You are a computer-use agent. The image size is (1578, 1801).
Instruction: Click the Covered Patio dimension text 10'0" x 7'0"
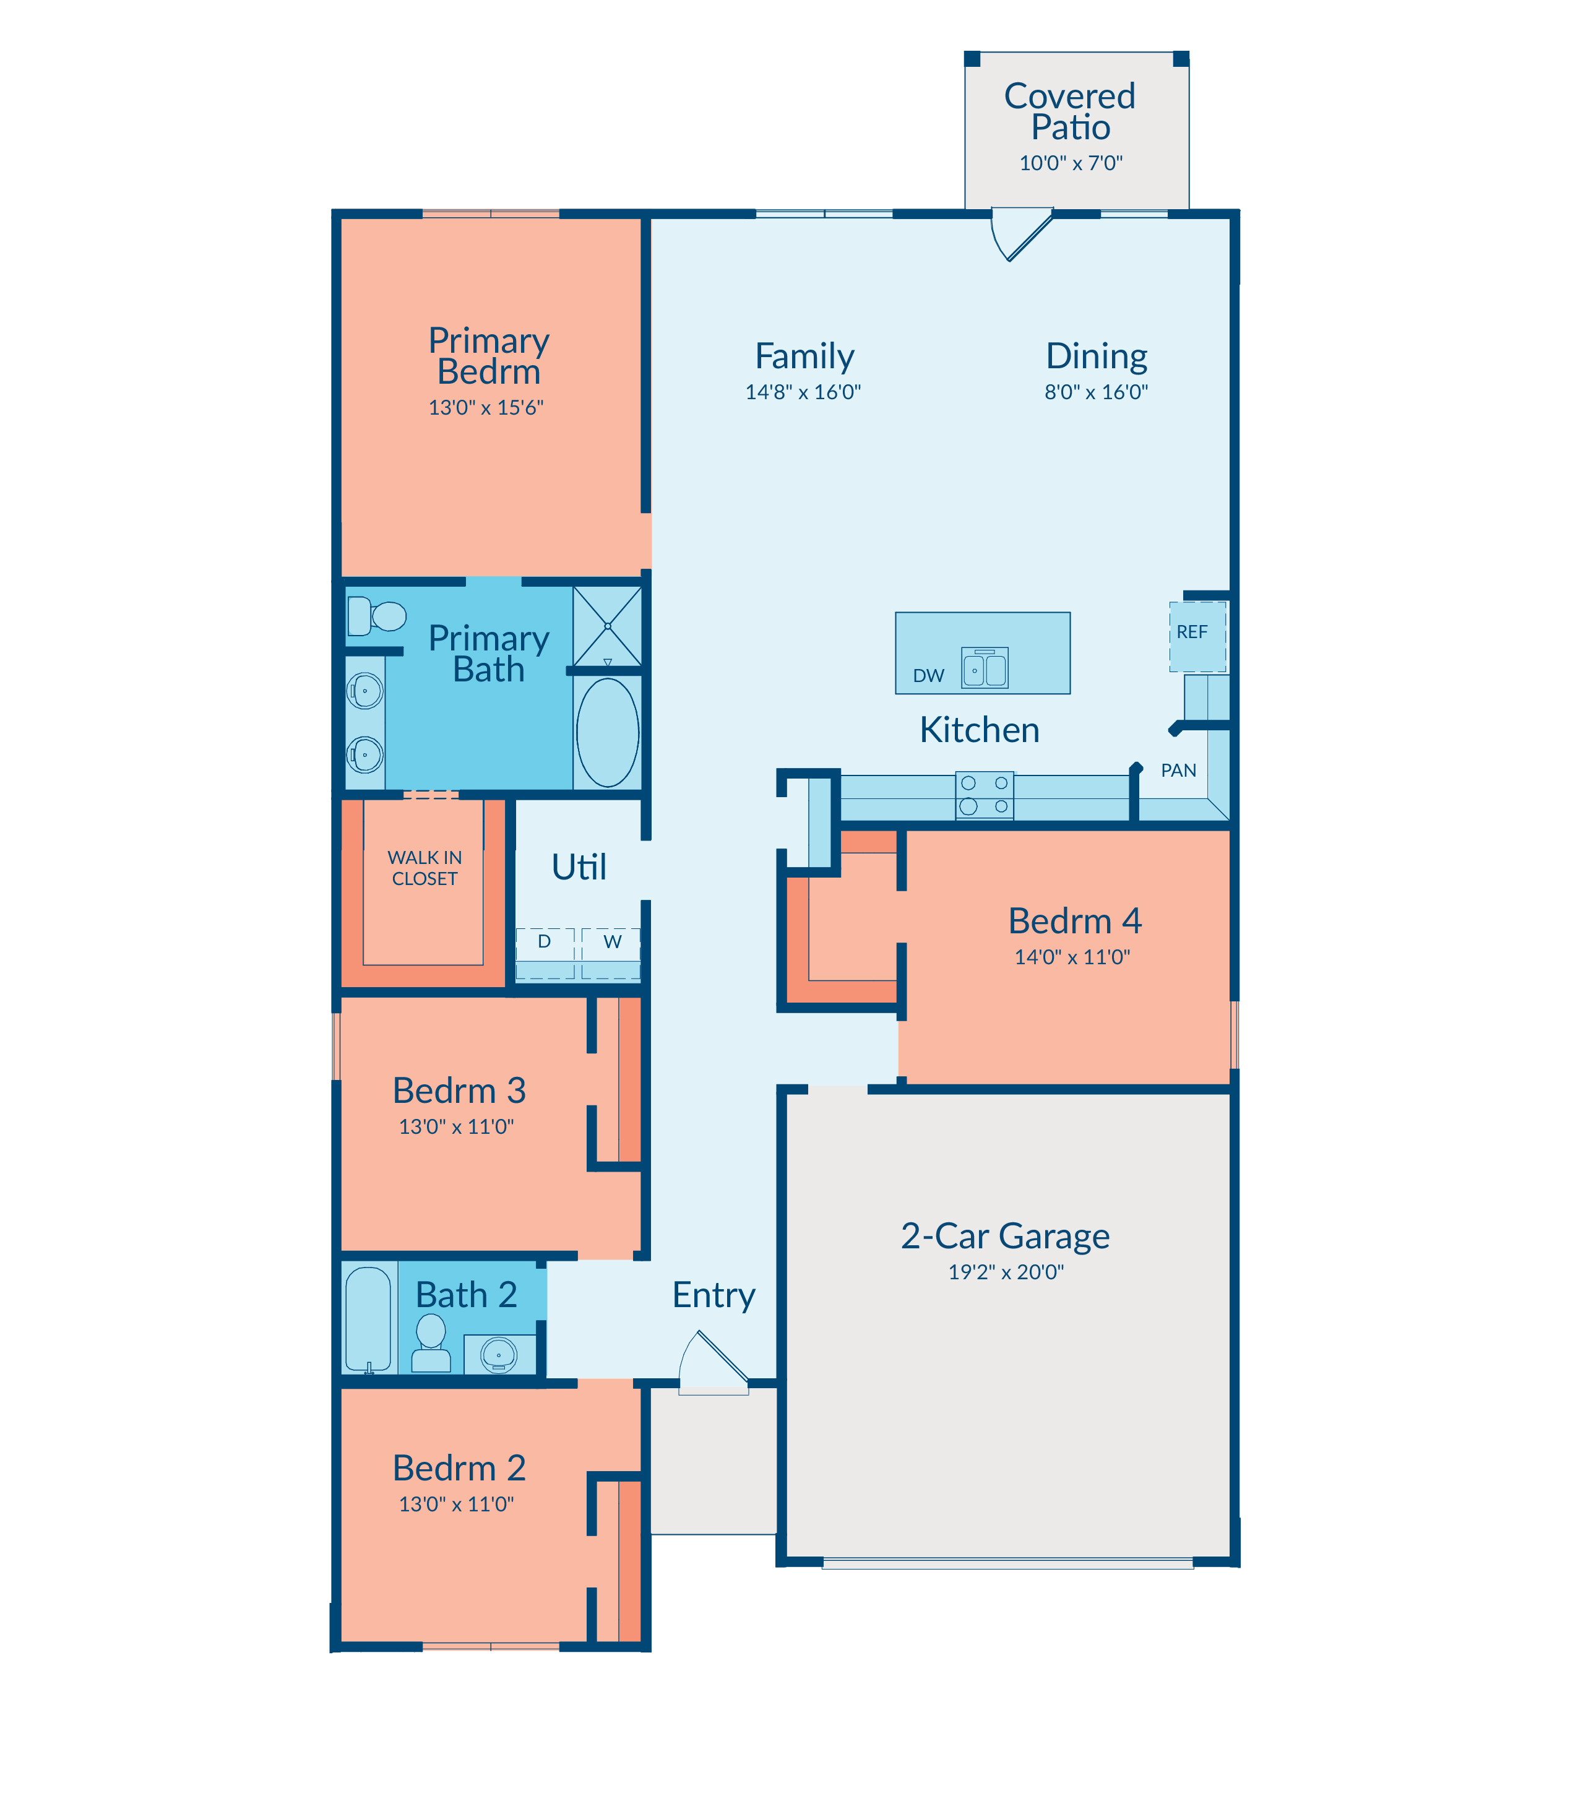[1071, 163]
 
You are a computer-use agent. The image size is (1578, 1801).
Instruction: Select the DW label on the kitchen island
[928, 675]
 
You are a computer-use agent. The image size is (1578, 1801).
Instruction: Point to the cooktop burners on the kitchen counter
[985, 795]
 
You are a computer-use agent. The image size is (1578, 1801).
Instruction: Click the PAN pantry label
[1178, 771]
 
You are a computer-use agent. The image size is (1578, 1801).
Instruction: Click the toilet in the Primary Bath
[376, 616]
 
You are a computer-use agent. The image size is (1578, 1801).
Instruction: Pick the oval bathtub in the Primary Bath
[608, 732]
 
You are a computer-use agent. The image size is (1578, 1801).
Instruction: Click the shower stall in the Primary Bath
[608, 626]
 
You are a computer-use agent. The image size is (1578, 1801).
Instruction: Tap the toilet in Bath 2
[431, 1343]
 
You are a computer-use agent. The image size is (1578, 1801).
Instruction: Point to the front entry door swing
[714, 1361]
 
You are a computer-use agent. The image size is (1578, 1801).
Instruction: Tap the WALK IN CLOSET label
[425, 868]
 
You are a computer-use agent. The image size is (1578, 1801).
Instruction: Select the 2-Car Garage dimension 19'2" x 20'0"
[1006, 1272]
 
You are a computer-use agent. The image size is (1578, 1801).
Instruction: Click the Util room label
[579, 868]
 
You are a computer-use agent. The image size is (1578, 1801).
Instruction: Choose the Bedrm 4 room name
[1074, 921]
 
